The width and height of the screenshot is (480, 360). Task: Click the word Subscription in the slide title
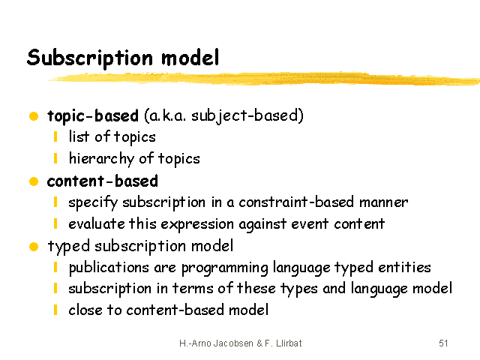coord(90,58)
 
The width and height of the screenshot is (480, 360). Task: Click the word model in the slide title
coord(190,57)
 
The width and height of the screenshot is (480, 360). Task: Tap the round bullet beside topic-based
coord(34,116)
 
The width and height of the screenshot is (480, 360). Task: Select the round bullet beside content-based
coord(34,181)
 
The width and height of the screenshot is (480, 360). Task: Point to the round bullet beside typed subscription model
coord(34,247)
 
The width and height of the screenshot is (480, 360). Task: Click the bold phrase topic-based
coord(93,116)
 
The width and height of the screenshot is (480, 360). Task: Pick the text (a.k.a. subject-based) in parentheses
coord(223,116)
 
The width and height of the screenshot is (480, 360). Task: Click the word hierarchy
coord(101,158)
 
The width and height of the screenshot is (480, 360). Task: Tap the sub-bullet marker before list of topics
coord(55,136)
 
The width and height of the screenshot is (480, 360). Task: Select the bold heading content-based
coord(103,181)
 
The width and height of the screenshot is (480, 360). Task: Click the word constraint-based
coord(296,202)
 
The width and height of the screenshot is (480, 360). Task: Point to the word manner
coord(383,202)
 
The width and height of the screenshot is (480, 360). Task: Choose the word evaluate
coord(97,223)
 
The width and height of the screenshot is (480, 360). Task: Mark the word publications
coord(109,268)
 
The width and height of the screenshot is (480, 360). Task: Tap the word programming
coord(225,268)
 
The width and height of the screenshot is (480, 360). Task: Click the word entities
coord(404,267)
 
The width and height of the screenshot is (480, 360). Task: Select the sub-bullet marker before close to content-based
coord(55,310)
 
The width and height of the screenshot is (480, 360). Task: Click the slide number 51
coord(443,343)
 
